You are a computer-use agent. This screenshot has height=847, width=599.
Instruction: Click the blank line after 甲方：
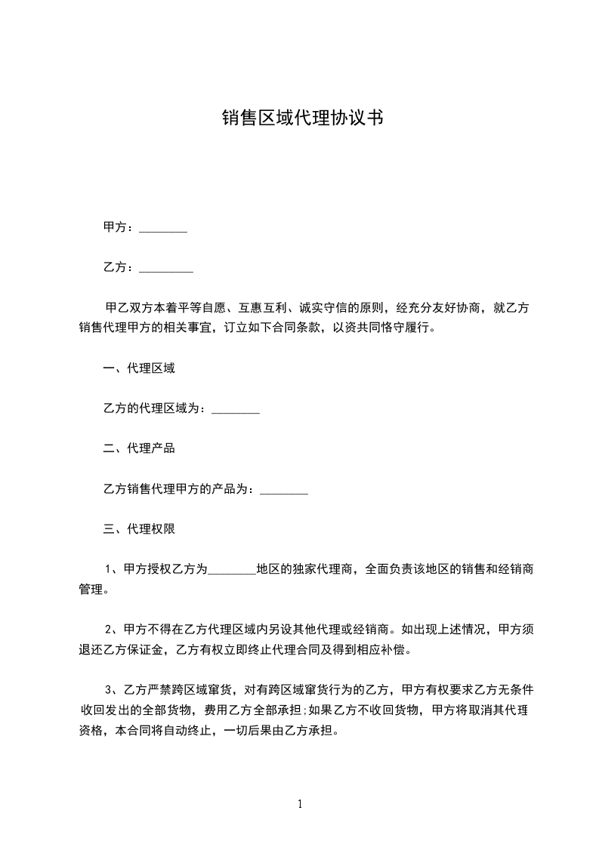click(x=163, y=229)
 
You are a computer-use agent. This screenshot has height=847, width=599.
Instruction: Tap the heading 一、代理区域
click(x=139, y=369)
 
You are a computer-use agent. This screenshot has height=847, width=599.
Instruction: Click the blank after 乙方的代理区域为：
click(x=236, y=411)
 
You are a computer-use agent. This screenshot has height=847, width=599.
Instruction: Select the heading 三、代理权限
click(x=139, y=529)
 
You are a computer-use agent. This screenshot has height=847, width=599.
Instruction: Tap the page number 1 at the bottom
click(x=300, y=804)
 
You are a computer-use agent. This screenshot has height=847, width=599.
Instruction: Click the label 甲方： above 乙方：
click(x=119, y=227)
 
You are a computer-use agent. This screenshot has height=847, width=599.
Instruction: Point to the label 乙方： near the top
click(x=119, y=267)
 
